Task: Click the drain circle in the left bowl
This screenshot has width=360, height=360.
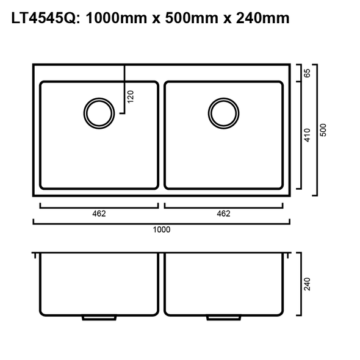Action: click(98, 113)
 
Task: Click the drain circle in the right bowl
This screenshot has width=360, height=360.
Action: click(223, 113)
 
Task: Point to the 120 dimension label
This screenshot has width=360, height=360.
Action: click(130, 96)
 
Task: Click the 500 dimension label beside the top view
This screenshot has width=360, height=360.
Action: click(323, 130)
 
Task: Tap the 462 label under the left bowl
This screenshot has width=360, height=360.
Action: click(99, 214)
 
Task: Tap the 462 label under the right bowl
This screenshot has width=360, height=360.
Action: click(223, 214)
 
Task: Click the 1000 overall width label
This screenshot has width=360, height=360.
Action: click(162, 230)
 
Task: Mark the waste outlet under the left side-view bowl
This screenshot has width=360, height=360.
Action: click(100, 318)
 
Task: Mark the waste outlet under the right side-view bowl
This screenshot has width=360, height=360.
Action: click(223, 318)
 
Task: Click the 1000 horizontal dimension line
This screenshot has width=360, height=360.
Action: click(162, 223)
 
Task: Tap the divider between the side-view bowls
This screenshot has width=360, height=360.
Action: click(162, 284)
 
